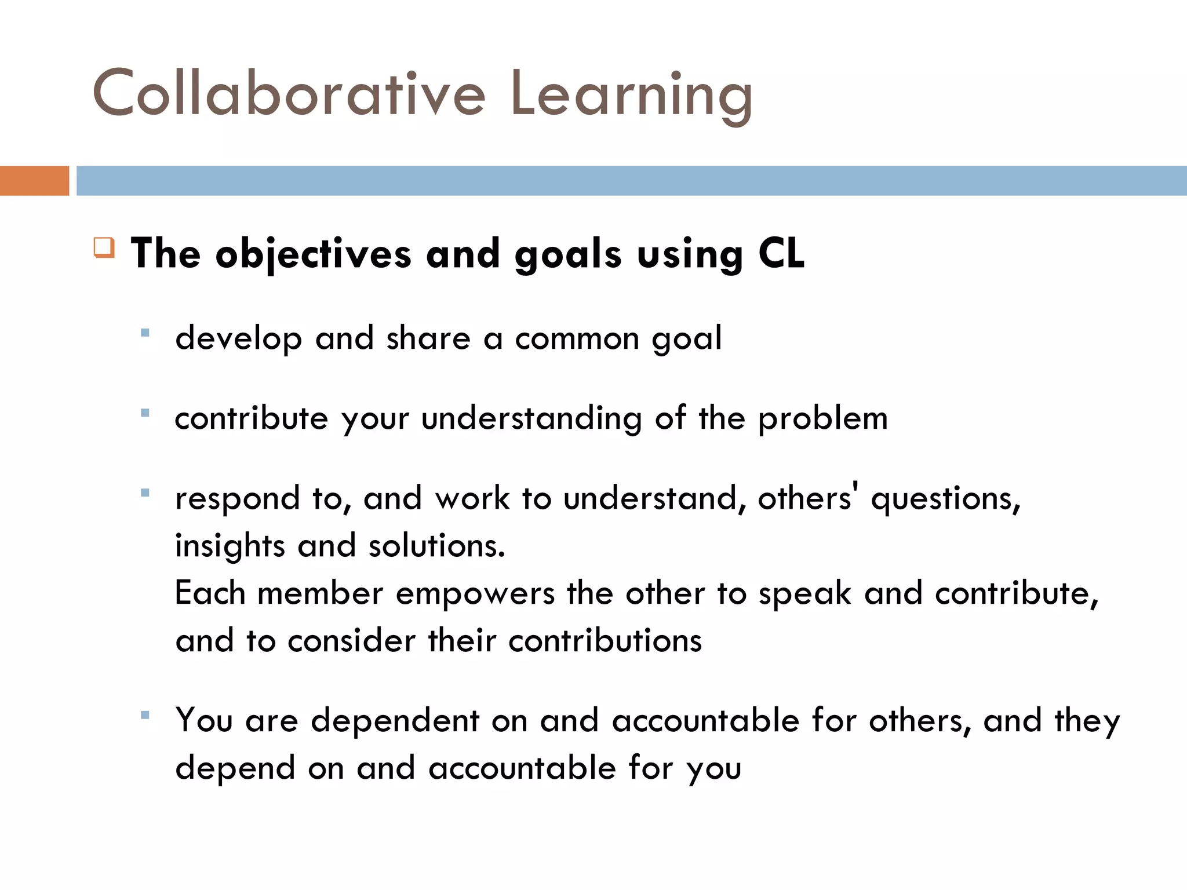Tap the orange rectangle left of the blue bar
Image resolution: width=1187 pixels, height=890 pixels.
(34, 181)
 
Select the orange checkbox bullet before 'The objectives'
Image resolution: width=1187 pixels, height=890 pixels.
(104, 247)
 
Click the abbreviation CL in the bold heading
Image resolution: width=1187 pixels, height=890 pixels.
(781, 253)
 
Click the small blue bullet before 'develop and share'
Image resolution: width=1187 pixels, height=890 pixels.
(145, 333)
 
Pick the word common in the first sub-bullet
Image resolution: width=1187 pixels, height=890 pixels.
(577, 338)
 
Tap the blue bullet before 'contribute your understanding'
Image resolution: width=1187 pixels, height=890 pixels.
(145, 413)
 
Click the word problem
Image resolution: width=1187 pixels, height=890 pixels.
(822, 419)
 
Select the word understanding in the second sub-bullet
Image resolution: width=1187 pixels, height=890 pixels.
(531, 419)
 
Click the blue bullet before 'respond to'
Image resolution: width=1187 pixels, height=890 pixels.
(145, 493)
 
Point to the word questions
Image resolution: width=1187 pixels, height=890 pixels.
(945, 499)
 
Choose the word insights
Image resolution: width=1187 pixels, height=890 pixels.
(230, 546)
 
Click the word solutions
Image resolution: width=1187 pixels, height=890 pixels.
(436, 546)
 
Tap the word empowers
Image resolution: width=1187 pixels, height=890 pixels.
(475, 594)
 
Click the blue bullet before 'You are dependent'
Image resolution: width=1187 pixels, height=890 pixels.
(145, 716)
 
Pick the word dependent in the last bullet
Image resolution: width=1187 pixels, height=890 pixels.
(395, 721)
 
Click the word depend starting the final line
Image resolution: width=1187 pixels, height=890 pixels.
(235, 769)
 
